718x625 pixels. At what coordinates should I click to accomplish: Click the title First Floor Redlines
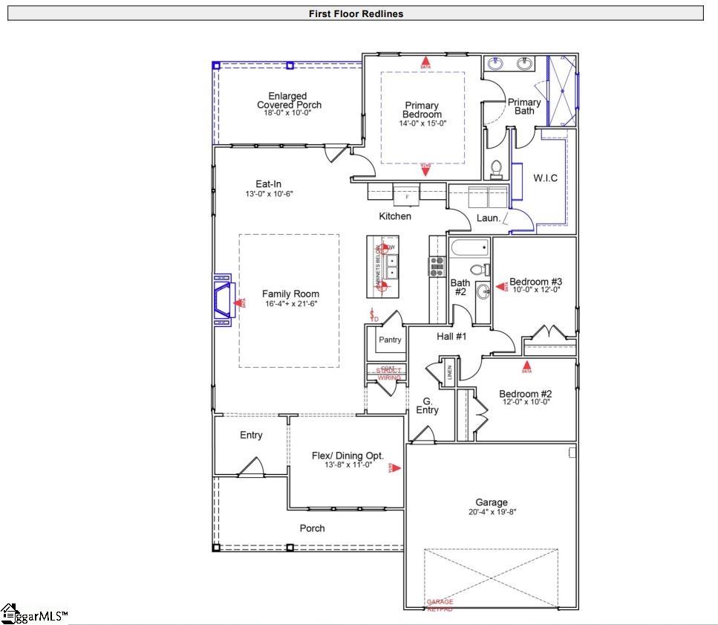[356, 13]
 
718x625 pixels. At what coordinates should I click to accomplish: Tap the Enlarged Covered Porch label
[289, 100]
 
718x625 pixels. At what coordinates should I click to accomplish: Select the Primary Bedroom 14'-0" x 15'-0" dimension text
[422, 123]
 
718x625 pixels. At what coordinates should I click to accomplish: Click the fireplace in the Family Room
[223, 302]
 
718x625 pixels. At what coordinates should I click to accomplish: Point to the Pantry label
[390, 340]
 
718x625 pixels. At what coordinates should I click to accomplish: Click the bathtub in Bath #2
[470, 247]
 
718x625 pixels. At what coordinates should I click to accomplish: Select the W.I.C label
[545, 178]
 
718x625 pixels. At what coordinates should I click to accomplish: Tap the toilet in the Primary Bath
[497, 169]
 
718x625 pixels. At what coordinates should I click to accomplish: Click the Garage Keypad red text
[440, 605]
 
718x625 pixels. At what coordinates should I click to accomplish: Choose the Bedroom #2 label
[525, 394]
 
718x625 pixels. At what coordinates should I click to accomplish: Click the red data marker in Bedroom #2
[527, 366]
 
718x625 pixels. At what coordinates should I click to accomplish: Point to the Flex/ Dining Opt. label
[347, 456]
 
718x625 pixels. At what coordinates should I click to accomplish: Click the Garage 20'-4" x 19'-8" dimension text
[492, 512]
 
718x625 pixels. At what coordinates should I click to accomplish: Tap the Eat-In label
[268, 184]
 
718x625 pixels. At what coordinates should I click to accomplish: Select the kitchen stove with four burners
[436, 265]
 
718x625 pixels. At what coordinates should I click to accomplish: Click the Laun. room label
[489, 218]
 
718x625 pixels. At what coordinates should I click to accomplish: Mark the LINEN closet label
[449, 371]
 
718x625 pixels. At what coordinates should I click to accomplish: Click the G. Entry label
[427, 405]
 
